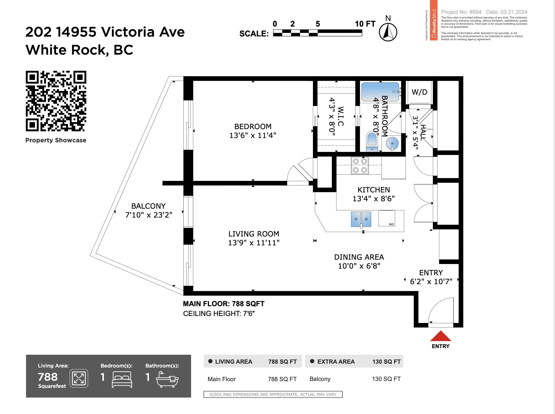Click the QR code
click(x=56, y=101)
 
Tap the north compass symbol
click(x=388, y=32)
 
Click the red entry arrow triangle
click(x=441, y=336)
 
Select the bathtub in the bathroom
click(x=380, y=92)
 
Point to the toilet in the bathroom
click(x=371, y=142)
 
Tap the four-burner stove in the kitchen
click(x=360, y=165)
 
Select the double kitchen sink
click(x=361, y=219)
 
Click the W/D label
click(x=419, y=92)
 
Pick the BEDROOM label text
click(x=253, y=126)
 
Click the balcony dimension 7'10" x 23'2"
click(x=149, y=215)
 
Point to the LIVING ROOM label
click(x=254, y=234)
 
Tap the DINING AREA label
click(x=359, y=257)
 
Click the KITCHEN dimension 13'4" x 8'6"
click(x=374, y=199)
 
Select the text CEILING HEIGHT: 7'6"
click(x=219, y=314)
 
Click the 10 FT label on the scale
click(x=365, y=24)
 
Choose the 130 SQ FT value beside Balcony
click(x=386, y=379)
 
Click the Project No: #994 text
click(x=461, y=12)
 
